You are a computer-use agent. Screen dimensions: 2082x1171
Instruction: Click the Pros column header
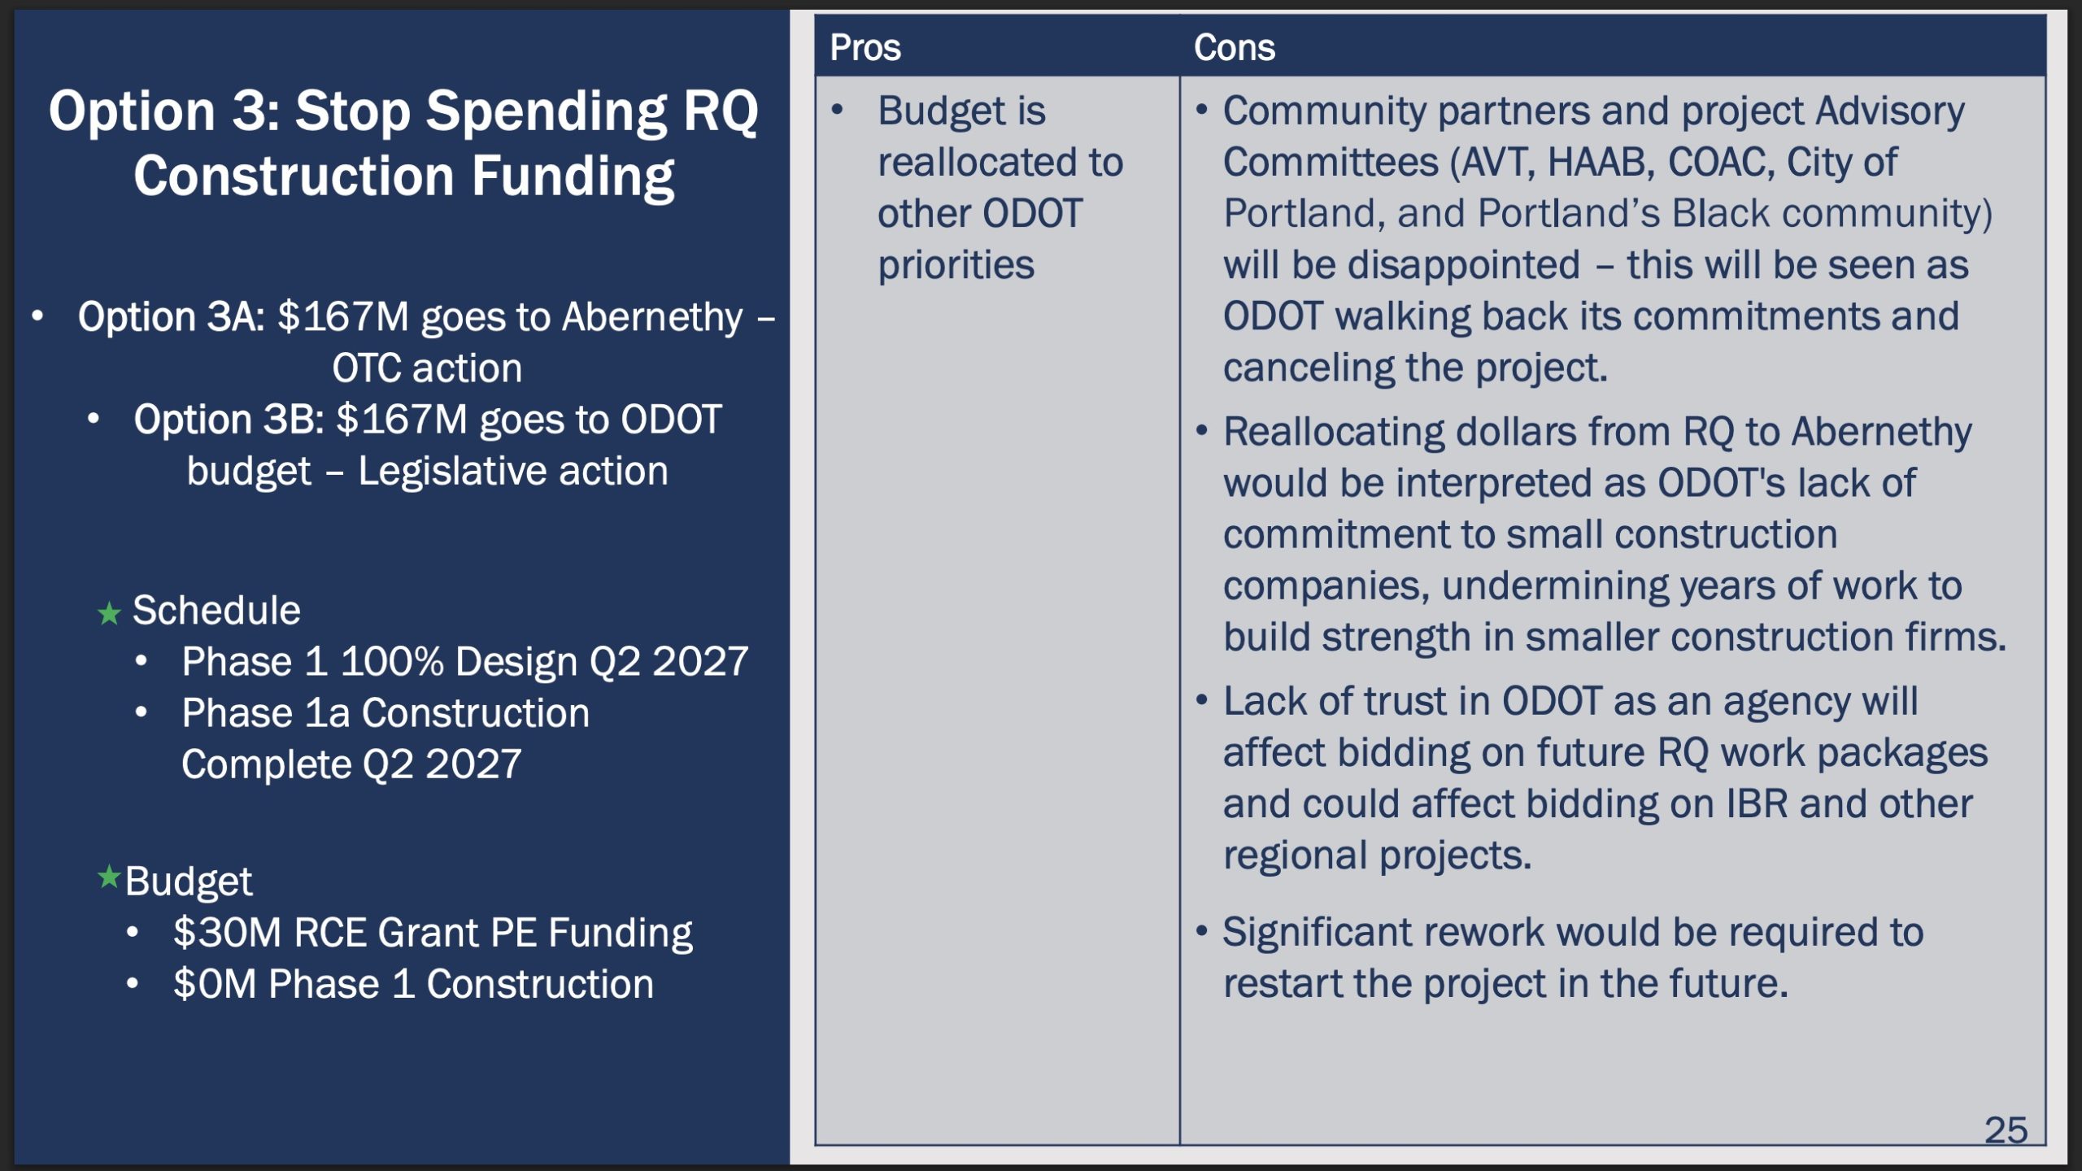coord(865,48)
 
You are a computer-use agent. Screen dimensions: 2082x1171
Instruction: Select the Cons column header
coord(1234,48)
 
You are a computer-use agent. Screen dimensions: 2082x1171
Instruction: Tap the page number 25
coord(2006,1130)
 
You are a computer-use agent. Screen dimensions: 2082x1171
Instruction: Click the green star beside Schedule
coord(109,613)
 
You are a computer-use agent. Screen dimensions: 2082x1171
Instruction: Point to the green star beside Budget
coord(109,877)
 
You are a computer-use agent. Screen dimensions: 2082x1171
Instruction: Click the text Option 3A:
coord(172,317)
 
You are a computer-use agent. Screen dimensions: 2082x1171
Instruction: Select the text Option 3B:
coord(229,420)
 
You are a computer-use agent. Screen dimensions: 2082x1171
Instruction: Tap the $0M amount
coord(215,984)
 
